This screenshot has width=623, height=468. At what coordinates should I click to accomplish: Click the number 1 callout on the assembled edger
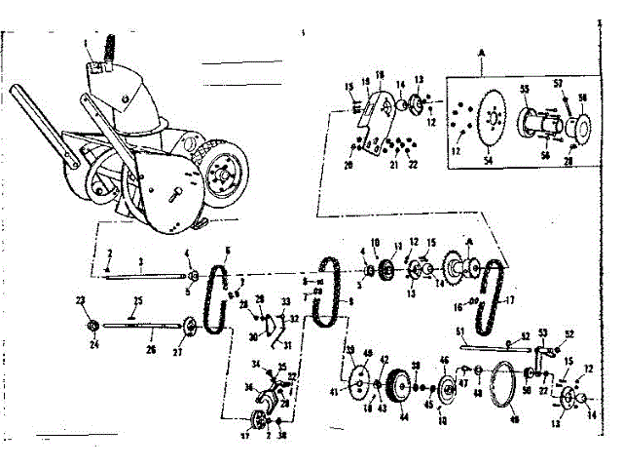tap(86, 43)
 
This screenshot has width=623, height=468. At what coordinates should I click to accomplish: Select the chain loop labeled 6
tap(215, 290)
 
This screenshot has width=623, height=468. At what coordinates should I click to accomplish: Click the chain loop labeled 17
tap(493, 297)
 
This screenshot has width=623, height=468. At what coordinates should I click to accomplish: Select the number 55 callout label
tap(523, 88)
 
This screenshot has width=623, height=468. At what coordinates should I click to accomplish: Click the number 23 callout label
tap(79, 301)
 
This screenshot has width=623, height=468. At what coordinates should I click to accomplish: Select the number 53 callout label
tap(542, 333)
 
